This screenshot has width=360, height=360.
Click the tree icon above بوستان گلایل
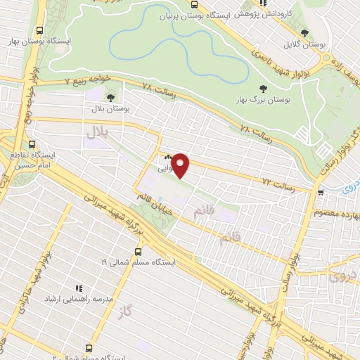coord(304,32)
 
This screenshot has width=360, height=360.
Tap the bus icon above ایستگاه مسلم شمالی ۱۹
coord(138,250)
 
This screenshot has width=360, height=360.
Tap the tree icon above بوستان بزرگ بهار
coord(262,88)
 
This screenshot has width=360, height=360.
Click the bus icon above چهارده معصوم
coord(320,191)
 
